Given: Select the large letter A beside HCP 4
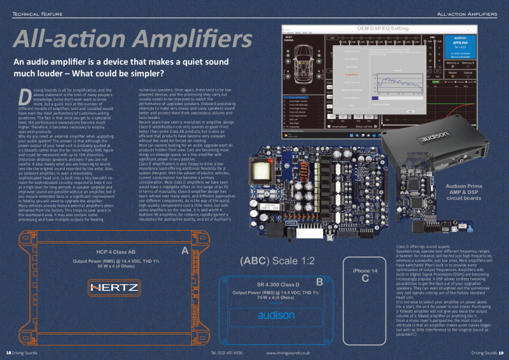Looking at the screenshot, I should click(x=185, y=252).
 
